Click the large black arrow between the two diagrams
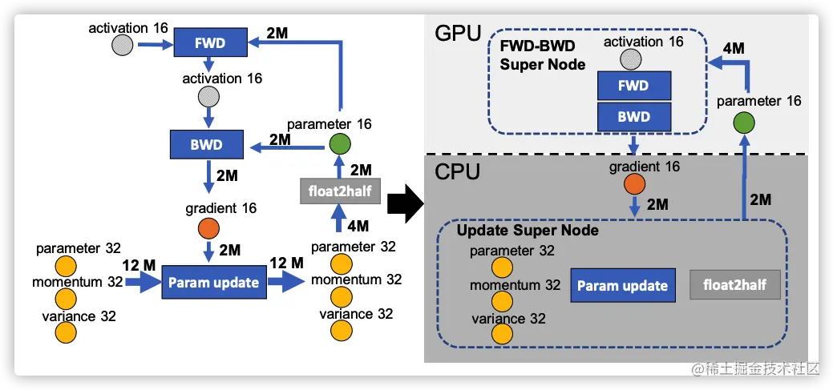point(405,203)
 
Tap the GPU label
point(458,33)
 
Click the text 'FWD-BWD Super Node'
point(543,55)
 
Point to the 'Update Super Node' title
point(528,231)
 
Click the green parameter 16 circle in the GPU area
point(743,124)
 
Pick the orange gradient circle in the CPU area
point(634,184)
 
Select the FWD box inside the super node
point(634,86)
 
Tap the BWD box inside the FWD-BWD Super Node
point(634,117)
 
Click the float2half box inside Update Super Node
point(735,285)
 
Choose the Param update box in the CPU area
point(622,285)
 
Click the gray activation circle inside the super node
point(634,58)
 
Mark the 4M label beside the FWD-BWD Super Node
point(734,48)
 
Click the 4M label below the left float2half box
point(358,226)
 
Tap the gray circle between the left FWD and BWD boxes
point(208,97)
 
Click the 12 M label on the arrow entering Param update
point(139,264)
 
